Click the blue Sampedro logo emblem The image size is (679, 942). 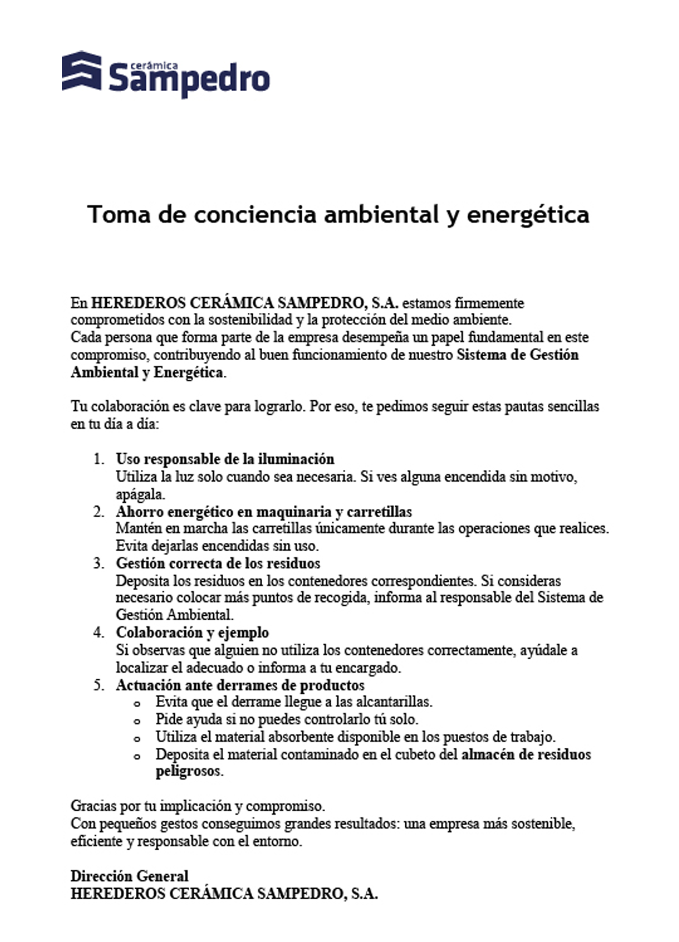[x=81, y=71]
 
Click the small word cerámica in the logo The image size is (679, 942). [x=154, y=65]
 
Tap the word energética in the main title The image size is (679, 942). [x=528, y=215]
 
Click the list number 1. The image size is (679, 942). [x=99, y=459]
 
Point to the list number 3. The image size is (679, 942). [x=99, y=563]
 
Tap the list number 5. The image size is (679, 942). [x=99, y=685]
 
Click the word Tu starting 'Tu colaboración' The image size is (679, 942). [x=78, y=406]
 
